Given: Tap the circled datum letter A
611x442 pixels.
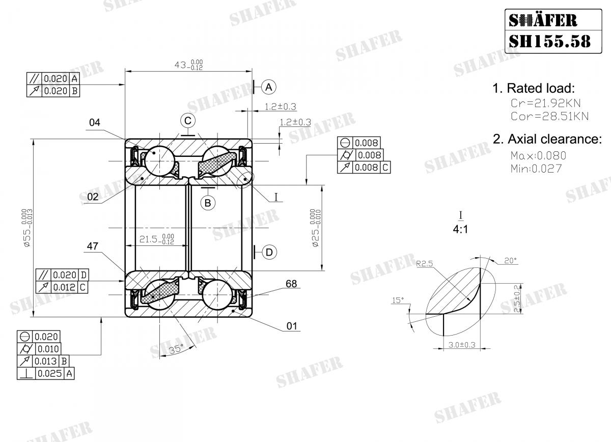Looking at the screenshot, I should [269, 87].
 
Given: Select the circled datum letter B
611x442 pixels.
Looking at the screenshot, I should [208, 203].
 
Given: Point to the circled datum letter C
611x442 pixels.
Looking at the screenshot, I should [188, 121].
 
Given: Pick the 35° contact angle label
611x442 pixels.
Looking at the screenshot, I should [176, 349].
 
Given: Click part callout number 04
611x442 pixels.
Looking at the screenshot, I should [95, 122].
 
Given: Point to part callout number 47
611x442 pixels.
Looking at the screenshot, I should [93, 246].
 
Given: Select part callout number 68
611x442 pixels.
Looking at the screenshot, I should [291, 284].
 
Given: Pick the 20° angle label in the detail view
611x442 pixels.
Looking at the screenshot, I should [510, 260].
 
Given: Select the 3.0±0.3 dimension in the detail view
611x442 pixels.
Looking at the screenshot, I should [462, 345].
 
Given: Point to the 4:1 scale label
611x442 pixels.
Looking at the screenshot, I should [460, 229].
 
